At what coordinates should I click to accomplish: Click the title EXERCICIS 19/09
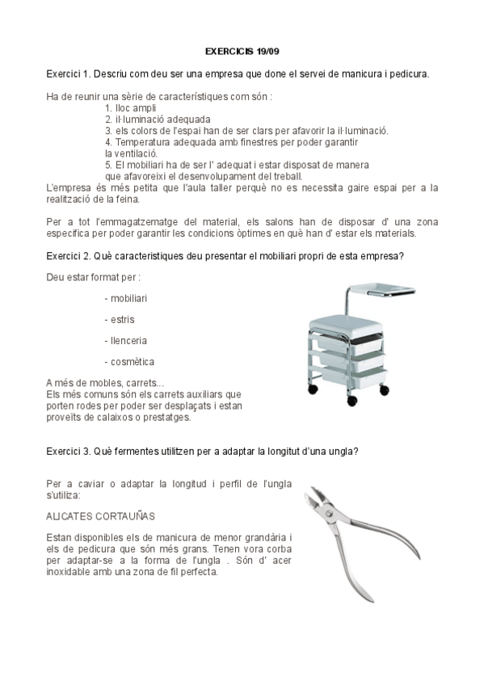[x=242, y=50]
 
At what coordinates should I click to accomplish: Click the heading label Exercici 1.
[x=68, y=74]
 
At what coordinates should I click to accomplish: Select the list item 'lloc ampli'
[x=134, y=107]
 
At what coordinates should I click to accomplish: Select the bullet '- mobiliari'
[x=125, y=298]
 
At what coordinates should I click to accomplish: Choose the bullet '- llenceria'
[x=125, y=340]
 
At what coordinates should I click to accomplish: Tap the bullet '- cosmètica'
[x=129, y=361]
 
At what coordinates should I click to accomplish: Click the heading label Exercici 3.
[x=68, y=452]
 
